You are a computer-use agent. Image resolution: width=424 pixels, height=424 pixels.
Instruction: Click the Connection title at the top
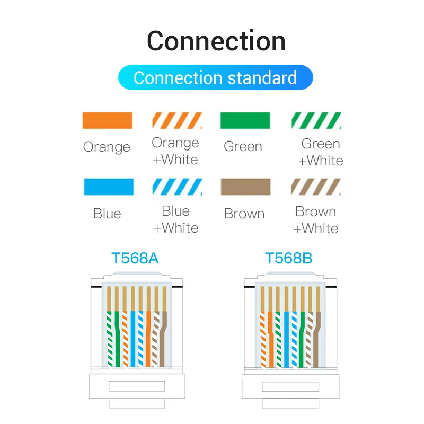(216, 41)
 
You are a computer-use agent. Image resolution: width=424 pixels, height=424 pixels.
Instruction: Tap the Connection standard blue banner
(215, 78)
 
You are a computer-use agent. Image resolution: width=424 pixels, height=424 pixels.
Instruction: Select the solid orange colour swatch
(107, 121)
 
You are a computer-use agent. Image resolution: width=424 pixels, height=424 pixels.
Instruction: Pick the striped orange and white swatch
(177, 121)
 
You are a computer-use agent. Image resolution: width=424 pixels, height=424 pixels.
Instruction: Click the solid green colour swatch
(245, 121)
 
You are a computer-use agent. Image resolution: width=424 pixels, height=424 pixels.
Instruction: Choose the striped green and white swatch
(316, 121)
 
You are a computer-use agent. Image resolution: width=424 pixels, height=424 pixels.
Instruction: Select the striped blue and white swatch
(177, 187)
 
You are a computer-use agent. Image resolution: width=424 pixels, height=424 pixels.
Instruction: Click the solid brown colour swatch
(245, 187)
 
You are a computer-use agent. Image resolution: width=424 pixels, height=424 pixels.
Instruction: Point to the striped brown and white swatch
(316, 187)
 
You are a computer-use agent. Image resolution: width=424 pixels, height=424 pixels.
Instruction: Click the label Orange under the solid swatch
(107, 147)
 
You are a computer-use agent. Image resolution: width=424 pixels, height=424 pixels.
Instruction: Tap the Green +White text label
(321, 152)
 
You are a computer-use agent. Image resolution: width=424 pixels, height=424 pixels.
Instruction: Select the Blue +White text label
(175, 219)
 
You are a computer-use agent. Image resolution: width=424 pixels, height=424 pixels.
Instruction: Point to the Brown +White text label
(316, 220)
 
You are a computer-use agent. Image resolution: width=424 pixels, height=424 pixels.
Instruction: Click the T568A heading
(135, 259)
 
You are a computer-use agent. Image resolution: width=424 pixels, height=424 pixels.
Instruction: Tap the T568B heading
(289, 259)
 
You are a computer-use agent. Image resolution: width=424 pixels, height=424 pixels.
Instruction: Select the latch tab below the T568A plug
(135, 387)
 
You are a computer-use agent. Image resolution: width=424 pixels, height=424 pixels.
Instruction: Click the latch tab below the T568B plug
(289, 387)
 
